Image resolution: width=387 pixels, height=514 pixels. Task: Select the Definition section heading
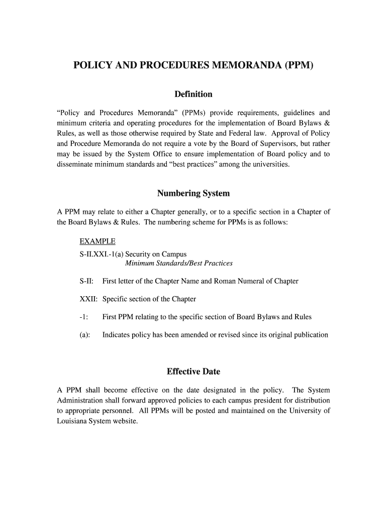pyautogui.click(x=193, y=94)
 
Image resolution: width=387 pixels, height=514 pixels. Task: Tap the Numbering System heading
pyautogui.click(x=193, y=193)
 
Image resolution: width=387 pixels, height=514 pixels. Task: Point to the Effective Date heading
pyautogui.click(x=193, y=372)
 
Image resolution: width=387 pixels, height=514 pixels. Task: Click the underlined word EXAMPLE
pyautogui.click(x=97, y=241)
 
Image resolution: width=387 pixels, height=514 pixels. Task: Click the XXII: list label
pyautogui.click(x=88, y=299)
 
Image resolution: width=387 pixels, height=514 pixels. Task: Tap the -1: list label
pyautogui.click(x=84, y=317)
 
